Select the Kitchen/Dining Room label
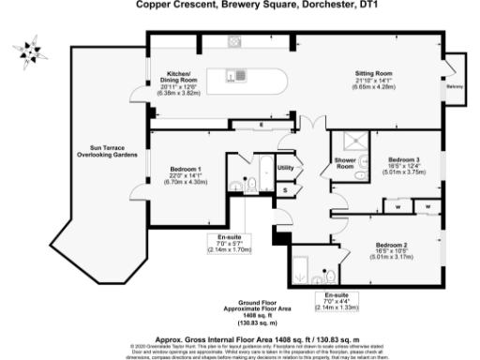[178, 77]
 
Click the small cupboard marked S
[286, 189]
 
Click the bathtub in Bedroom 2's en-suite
[306, 269]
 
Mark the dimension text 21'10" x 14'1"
[373, 81]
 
